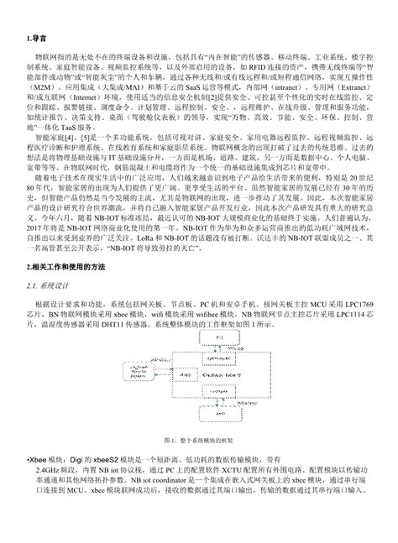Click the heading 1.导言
[x=36, y=39]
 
